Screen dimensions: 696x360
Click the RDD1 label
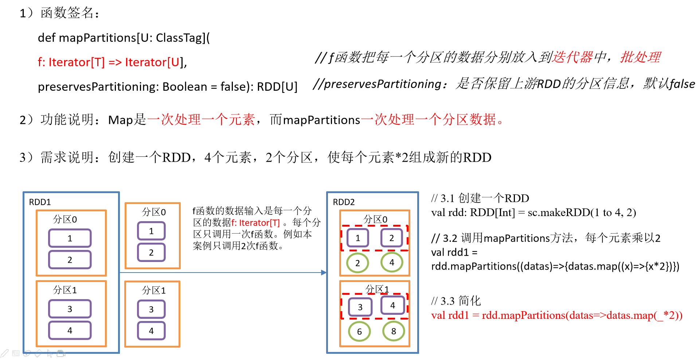(x=40, y=202)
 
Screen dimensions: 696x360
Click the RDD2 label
(x=344, y=202)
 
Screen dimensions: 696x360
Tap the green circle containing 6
(x=359, y=331)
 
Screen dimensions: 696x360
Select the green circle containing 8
(x=394, y=331)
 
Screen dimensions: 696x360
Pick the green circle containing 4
(x=392, y=262)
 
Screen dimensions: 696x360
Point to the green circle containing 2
(x=357, y=263)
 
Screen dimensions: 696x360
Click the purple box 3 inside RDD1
(x=70, y=309)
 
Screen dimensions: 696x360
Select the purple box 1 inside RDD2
(x=357, y=238)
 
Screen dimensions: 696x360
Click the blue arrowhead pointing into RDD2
(x=324, y=273)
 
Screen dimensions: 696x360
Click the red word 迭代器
(x=572, y=57)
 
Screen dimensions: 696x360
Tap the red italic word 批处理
(x=640, y=57)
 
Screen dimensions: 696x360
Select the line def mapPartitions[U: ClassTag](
(x=124, y=38)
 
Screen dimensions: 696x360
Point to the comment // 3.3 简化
(x=456, y=301)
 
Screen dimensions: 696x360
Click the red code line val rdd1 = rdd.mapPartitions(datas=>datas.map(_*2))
(x=556, y=315)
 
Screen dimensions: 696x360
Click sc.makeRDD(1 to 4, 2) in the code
(x=582, y=212)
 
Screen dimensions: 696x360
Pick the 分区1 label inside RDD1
(x=65, y=290)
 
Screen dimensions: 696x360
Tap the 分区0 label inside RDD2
(x=375, y=219)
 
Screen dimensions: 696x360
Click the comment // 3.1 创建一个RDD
(x=480, y=198)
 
